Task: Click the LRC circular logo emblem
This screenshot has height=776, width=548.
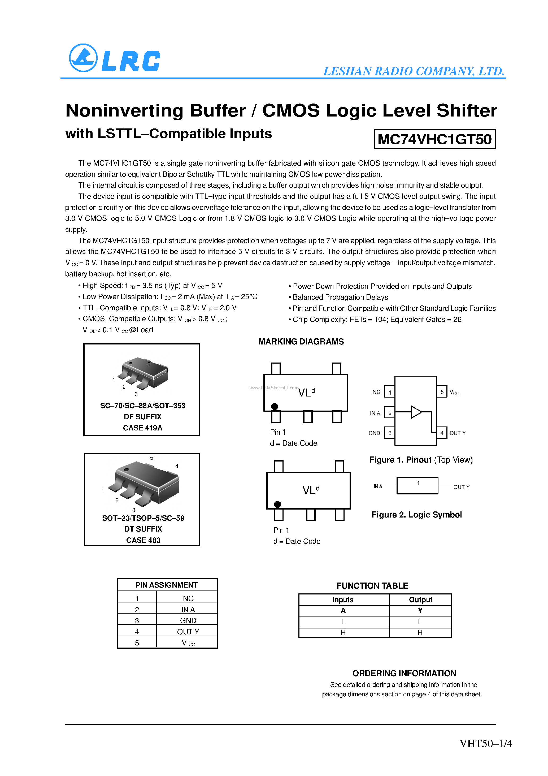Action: pos(83,58)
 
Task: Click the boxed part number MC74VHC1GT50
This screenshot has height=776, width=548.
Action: pos(434,139)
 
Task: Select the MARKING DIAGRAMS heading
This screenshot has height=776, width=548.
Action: pos(301,342)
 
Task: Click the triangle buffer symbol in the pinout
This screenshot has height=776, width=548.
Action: pos(416,412)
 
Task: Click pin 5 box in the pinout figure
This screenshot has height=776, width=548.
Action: pos(442,392)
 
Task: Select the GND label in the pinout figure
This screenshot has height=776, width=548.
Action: pos(374,433)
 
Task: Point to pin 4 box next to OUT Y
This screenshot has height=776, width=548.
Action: pos(442,433)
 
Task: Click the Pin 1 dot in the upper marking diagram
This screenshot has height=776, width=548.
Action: pos(275,406)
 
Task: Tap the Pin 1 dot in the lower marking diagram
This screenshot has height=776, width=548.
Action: pos(278,504)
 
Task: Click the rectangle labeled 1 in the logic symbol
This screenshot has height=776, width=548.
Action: pos(417,486)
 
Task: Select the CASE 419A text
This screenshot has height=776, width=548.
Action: pos(143,428)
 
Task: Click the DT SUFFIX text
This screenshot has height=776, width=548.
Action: pos(143,529)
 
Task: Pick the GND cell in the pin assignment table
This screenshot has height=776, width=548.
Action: pos(188,620)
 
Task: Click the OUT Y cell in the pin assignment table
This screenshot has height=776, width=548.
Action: pos(188,632)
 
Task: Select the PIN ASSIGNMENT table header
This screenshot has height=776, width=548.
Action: pos(167,585)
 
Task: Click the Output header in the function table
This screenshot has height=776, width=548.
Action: pos(420,600)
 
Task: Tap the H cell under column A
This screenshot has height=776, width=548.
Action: pos(343,633)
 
